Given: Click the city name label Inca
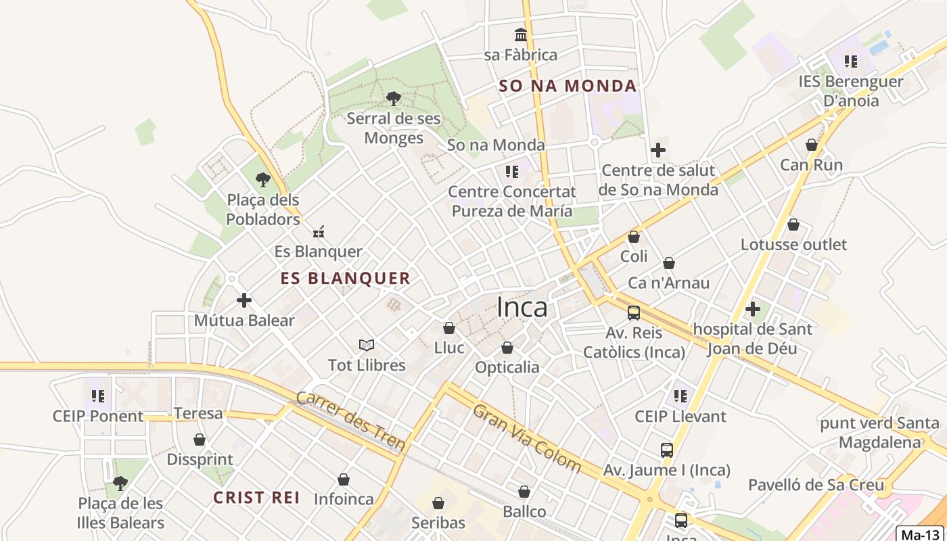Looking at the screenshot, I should tap(522, 308).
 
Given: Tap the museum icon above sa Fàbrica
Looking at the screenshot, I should tap(521, 34).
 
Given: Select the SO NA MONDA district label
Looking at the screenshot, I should tap(568, 86).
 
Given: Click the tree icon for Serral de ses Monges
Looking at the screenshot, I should tap(393, 99).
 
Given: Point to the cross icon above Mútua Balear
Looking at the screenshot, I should tap(244, 300).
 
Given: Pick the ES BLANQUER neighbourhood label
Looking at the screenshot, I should tap(346, 278).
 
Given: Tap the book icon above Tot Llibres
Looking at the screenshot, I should tap(367, 346).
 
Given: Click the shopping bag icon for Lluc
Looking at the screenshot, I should tap(448, 328).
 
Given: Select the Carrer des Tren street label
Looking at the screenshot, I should tap(351, 421).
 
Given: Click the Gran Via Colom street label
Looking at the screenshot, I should tap(527, 438).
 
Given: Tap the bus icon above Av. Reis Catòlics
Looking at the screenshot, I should tap(634, 313).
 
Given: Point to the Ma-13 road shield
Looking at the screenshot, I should tap(921, 534).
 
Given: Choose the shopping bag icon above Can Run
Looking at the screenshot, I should tap(811, 145).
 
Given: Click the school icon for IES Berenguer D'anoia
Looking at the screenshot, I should tap(850, 62).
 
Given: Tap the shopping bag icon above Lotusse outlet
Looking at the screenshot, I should tap(793, 224).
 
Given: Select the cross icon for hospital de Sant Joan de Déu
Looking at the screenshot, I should tap(752, 310).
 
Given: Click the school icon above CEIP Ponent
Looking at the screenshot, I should tap(98, 396).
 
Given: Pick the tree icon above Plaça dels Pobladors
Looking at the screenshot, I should tap(262, 180).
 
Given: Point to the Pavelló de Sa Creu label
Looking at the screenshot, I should tap(816, 485).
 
